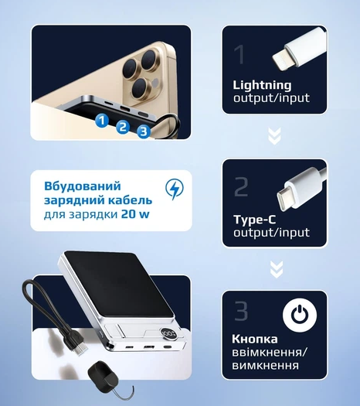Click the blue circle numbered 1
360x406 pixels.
click(x=102, y=121)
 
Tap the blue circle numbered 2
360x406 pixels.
click(x=123, y=127)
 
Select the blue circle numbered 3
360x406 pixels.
click(x=143, y=131)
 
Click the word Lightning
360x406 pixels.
click(x=262, y=85)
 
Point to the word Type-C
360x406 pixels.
click(x=255, y=220)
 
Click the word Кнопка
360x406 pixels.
click(x=255, y=339)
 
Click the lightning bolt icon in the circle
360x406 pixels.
click(x=175, y=189)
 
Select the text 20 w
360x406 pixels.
click(x=135, y=215)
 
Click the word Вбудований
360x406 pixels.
click(x=83, y=186)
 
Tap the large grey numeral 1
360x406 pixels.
click(x=239, y=55)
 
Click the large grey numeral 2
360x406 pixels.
click(x=241, y=186)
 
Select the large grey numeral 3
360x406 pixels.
click(x=241, y=311)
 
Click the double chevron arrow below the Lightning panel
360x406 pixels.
click(x=275, y=135)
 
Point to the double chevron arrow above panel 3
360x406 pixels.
click(x=277, y=269)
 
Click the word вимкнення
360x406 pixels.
click(x=265, y=366)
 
